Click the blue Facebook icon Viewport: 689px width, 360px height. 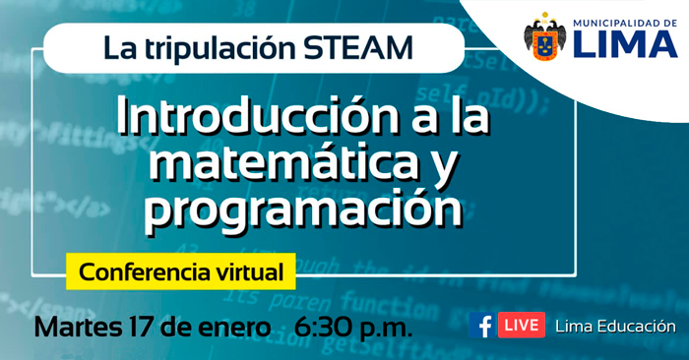point(482,326)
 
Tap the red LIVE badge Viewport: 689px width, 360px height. point(521,326)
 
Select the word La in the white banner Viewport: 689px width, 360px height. point(117,47)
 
